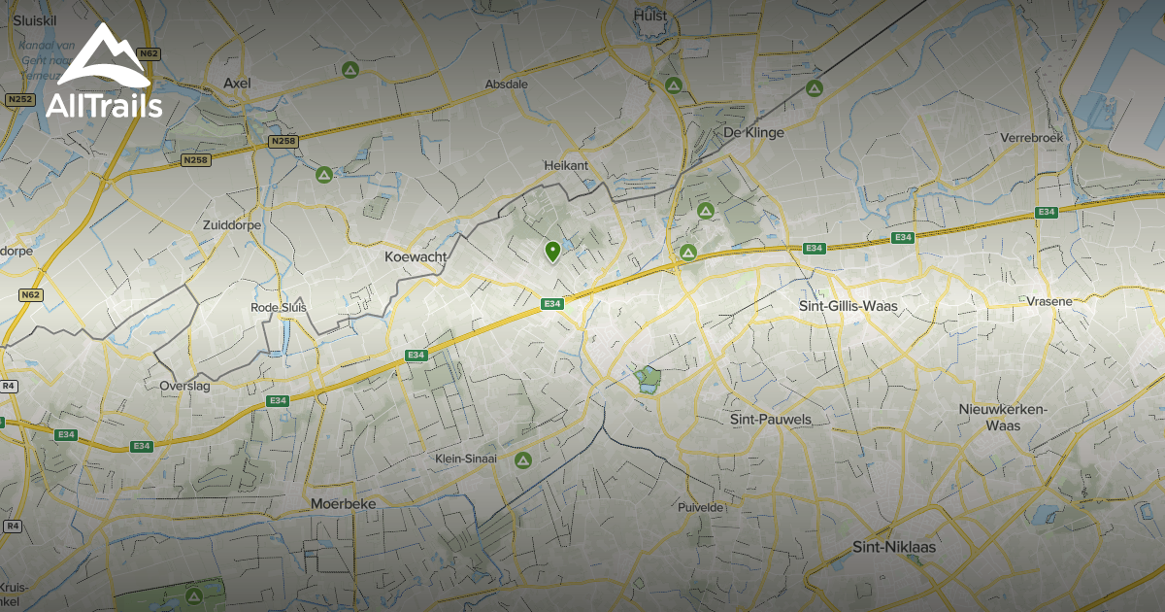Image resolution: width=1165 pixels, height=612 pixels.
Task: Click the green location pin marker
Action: pos(552,252)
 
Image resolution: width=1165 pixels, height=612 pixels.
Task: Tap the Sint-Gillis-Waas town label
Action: pos(848,306)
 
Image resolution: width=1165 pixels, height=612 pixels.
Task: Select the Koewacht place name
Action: pos(416,256)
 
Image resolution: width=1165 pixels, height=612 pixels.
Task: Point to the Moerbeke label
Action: pos(343,504)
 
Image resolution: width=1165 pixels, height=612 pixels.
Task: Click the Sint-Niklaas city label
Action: pos(893,547)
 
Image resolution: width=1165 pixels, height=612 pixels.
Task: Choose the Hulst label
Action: pos(649,16)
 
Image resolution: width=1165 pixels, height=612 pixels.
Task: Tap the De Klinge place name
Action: pos(753,132)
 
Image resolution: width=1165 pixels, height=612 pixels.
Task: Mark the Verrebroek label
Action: pos(1031,138)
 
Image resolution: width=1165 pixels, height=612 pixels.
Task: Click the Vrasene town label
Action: pos(1049,301)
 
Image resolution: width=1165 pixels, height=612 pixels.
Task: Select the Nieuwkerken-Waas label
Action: pos(1002,417)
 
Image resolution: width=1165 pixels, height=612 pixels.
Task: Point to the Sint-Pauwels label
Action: pos(770,419)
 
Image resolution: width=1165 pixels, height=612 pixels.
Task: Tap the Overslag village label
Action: pos(184,385)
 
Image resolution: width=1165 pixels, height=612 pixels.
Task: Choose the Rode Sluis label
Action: pos(279,307)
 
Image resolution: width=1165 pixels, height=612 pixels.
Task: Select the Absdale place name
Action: pos(507,85)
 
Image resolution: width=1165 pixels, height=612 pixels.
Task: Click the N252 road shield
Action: pos(18,99)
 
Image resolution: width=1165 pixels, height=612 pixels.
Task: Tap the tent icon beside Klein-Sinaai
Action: pos(523,459)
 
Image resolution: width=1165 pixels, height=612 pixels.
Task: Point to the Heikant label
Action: pos(566,166)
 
